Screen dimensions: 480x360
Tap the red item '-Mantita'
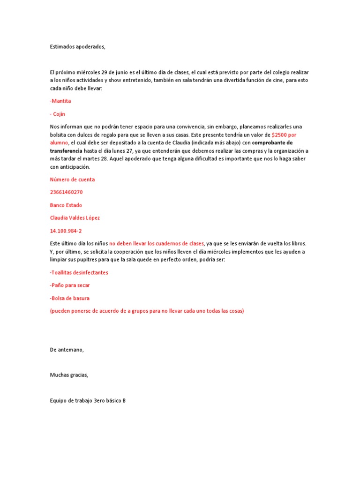tap(60, 101)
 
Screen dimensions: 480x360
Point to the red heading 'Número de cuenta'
tap(72, 179)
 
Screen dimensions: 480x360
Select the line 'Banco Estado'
tap(67, 205)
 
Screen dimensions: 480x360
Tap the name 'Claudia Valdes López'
tap(75, 218)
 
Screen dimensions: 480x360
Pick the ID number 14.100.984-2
tap(66, 231)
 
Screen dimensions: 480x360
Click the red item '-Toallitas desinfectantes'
tap(79, 272)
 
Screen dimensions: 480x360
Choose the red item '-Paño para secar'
tap(69, 285)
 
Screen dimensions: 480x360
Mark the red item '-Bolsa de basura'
tap(69, 298)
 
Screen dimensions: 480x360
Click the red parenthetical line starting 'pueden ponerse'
tap(147, 311)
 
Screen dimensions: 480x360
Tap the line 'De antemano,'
tap(67, 349)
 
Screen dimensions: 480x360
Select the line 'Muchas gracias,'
tap(69, 375)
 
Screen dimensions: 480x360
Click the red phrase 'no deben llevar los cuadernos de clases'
tap(157, 244)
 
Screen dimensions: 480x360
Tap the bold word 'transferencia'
tap(66, 150)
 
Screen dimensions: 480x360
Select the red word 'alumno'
tap(59, 142)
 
